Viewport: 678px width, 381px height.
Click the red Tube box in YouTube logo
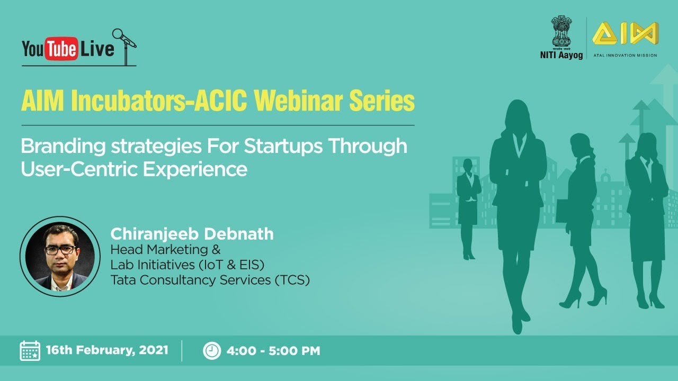(x=61, y=50)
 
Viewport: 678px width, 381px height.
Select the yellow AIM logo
(x=625, y=34)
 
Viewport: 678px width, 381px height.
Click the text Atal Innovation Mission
(x=625, y=55)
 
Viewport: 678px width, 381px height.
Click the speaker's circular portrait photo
(x=60, y=256)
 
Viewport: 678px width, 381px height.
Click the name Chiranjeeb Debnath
(x=192, y=234)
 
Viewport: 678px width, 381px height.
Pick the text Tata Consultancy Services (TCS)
(x=210, y=280)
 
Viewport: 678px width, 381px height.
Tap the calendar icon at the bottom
(x=30, y=350)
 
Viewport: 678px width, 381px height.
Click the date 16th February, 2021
(x=107, y=350)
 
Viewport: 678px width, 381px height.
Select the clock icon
(x=212, y=350)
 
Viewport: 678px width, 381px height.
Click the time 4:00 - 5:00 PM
(x=273, y=350)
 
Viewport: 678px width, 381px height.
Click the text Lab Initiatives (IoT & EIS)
(x=187, y=265)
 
